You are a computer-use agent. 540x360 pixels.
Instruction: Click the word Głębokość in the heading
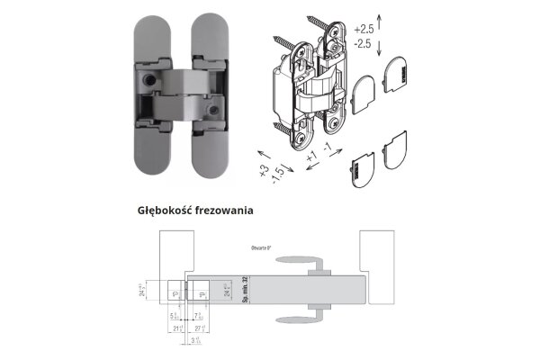tap(164, 211)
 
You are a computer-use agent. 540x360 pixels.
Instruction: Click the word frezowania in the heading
tap(223, 211)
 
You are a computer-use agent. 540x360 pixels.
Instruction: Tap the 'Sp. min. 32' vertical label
tap(245, 291)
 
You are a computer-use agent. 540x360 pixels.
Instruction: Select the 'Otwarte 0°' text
tap(264, 246)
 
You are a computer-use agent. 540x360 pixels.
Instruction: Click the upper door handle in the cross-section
tap(310, 263)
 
